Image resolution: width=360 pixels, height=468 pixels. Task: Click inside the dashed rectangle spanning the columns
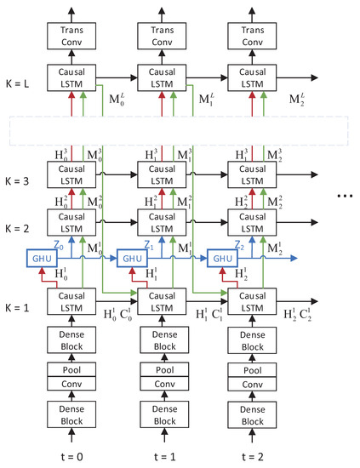(179, 128)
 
